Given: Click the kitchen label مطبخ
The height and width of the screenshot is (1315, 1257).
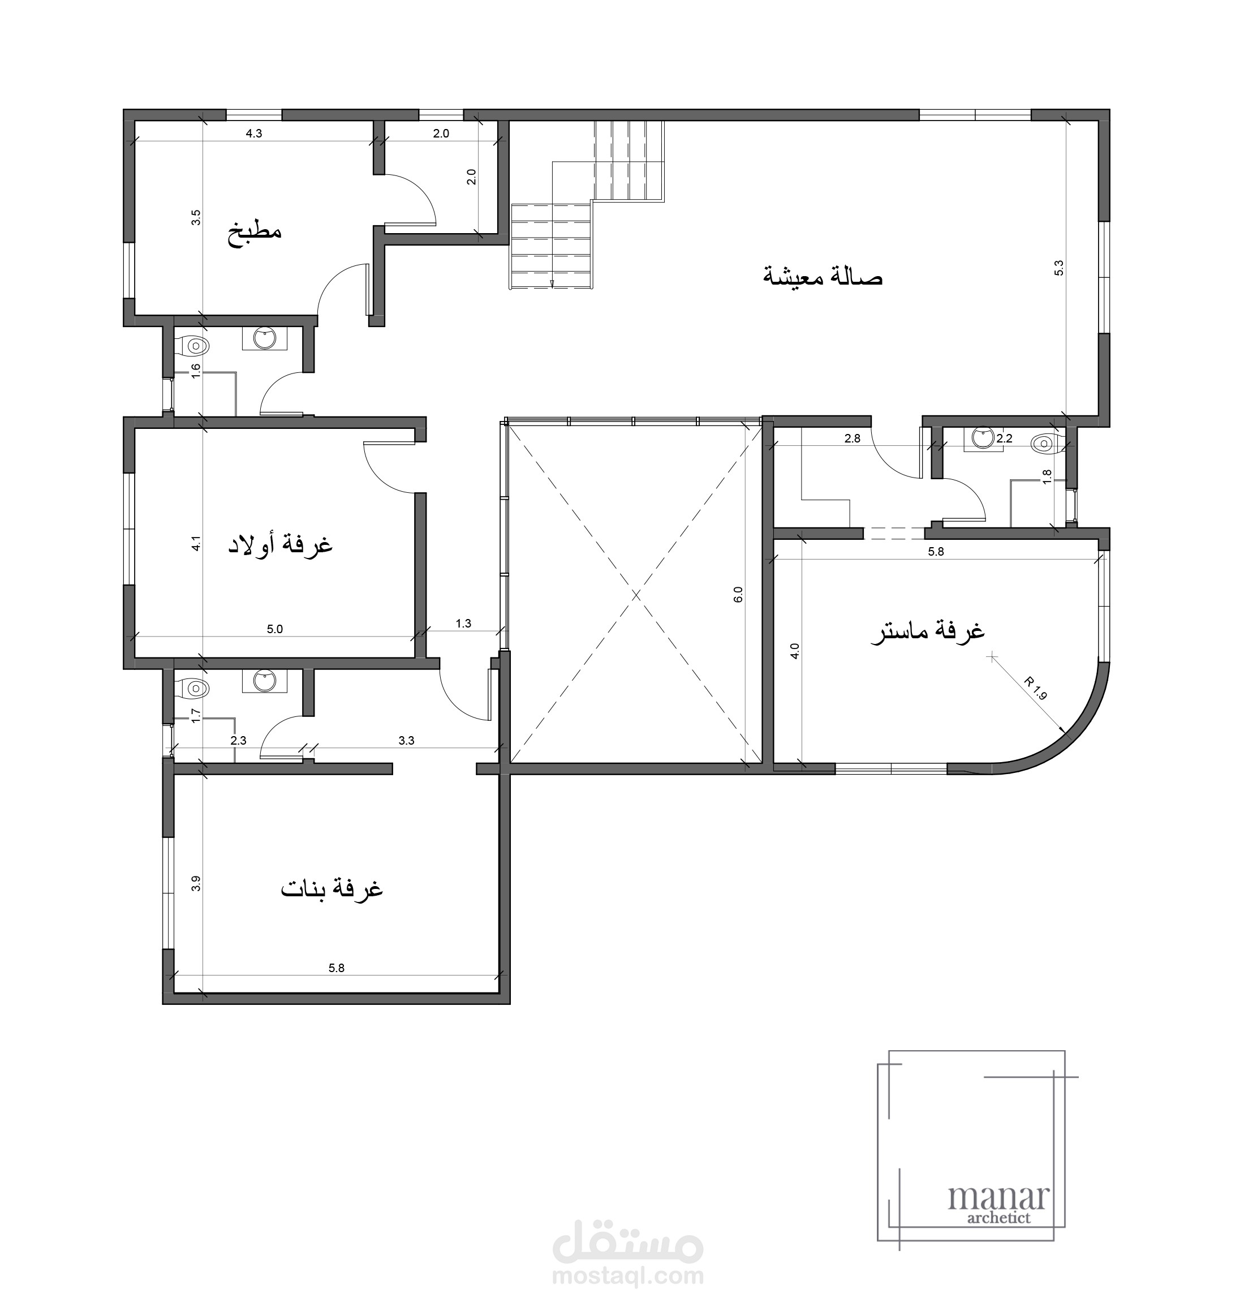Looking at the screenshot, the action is pos(255,233).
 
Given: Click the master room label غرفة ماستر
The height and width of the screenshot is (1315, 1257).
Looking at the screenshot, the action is pos(928,631).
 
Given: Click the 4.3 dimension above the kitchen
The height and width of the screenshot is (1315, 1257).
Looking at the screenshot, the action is pos(254,134).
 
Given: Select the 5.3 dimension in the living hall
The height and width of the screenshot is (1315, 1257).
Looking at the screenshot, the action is pos(1058,268).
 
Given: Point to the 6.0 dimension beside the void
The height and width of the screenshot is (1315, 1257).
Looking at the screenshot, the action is pos(738,595).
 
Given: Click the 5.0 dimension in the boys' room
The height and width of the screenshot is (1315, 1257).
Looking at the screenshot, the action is pos(275,629).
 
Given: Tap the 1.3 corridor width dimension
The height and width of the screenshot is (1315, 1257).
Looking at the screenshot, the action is pos(464,624).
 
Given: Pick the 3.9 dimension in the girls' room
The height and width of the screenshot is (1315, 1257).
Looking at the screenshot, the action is pos(196,884).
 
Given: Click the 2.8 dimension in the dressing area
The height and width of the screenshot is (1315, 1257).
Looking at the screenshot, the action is pos(853,439).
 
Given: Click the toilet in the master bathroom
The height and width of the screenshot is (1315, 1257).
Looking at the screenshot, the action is pos(1046,443).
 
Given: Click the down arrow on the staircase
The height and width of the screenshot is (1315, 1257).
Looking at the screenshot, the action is pos(552,283).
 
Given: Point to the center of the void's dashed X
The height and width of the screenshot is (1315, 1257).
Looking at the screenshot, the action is pos(636,595).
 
